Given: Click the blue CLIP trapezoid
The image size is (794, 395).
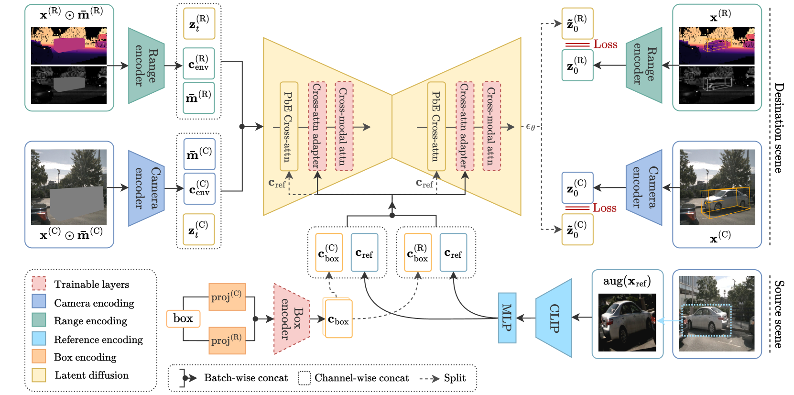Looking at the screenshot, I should pos(554,318).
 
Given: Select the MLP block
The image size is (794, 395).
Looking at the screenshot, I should pos(507,318).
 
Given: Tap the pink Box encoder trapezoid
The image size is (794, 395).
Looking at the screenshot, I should pos(292,319).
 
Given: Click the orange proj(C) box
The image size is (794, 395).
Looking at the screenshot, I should pos(227,296).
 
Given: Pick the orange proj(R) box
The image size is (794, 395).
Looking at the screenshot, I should pos(227,340).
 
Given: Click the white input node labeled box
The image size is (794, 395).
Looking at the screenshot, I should pos(183,318).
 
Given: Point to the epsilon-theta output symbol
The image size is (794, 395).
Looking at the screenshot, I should pos(530,127).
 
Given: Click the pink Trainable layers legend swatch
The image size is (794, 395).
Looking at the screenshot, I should pos(39,284).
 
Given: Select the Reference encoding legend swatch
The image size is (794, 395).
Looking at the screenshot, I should pos(39,339).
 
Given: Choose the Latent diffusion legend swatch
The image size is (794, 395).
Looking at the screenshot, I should pos(39,375).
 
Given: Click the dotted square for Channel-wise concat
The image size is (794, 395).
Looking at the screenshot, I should pos(304,378).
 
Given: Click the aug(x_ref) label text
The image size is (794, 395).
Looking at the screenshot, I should pos(627,281).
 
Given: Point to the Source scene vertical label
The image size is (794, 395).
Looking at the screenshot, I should pos(779,314).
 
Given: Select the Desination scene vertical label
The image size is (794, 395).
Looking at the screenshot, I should pos(779,127).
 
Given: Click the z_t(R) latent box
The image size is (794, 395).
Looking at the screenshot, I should pos(199,23).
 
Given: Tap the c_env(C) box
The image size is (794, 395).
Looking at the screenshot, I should pos(199,188).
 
